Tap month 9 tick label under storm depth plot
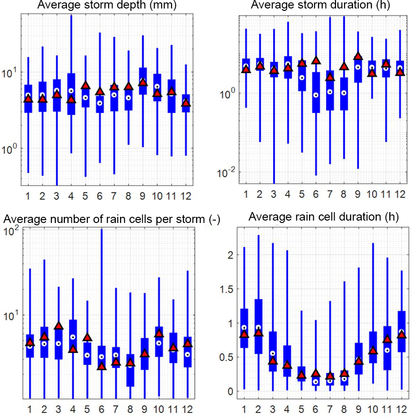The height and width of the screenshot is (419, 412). [x=143, y=194]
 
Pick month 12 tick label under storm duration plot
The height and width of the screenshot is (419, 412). [x=400, y=194]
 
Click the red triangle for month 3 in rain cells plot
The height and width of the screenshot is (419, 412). [x=59, y=326]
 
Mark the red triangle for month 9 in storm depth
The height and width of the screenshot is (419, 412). [x=143, y=83]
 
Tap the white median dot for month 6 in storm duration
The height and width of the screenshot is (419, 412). [x=316, y=95]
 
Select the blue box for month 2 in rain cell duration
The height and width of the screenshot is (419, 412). [x=258, y=326]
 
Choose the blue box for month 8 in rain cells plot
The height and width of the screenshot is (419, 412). [x=130, y=370]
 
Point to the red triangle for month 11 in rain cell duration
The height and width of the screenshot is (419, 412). [x=387, y=339]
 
